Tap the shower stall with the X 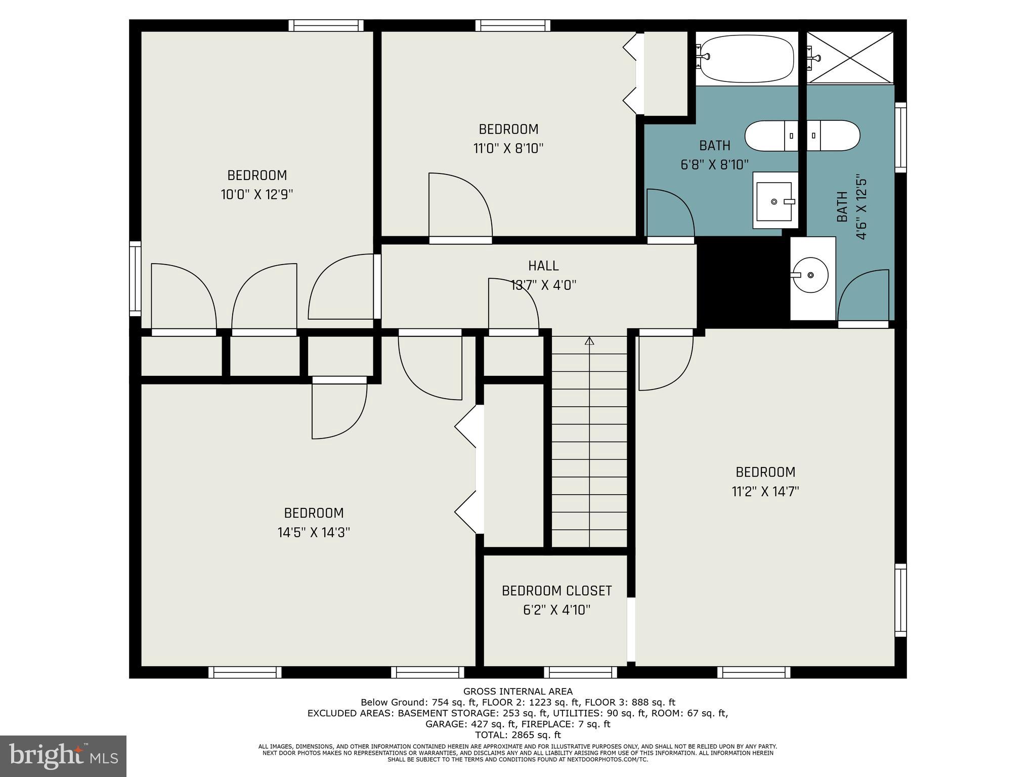[x=850, y=57]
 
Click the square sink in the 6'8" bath [x=774, y=201]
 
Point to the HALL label [x=543, y=266]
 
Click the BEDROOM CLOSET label [x=556, y=591]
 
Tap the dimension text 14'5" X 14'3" [x=314, y=533]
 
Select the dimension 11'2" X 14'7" [x=765, y=492]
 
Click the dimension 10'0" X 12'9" [x=257, y=195]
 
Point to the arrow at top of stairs [x=589, y=341]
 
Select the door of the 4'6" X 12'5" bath [x=864, y=296]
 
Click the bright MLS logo [x=63, y=756]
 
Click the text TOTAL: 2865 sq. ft [x=517, y=735]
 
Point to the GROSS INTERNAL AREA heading [x=517, y=692]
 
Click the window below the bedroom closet [x=580, y=672]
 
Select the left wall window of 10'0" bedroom [x=135, y=278]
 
